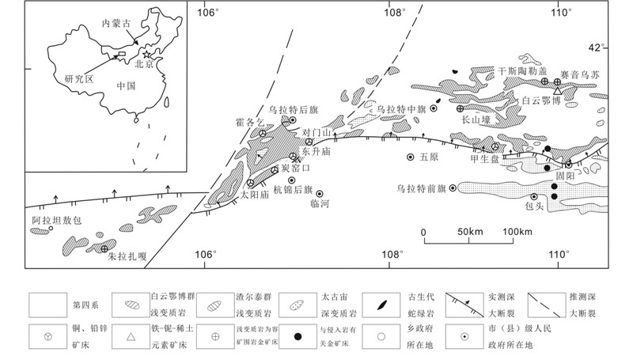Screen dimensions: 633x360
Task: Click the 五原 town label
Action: pyautogui.click(x=428, y=157)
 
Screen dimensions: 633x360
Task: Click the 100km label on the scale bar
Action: pyautogui.click(x=518, y=231)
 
